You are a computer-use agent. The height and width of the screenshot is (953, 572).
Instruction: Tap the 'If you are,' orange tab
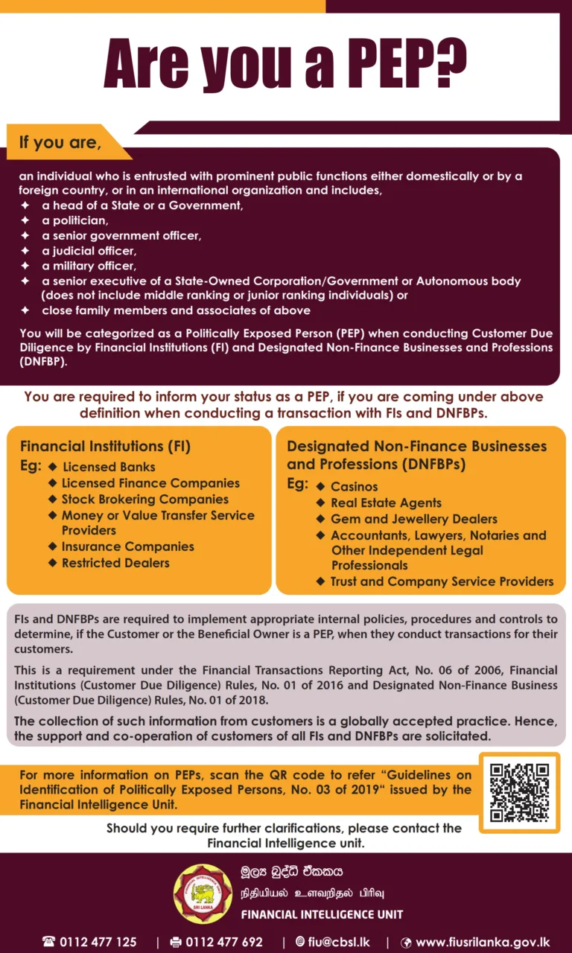tap(60, 141)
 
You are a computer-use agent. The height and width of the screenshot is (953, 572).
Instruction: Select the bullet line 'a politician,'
tap(75, 220)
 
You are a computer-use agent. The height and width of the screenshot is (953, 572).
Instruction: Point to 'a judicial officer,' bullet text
tap(89, 250)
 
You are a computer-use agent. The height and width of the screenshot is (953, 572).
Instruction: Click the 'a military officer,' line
tap(89, 266)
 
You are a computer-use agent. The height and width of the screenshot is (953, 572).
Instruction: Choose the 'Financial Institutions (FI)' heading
tap(105, 447)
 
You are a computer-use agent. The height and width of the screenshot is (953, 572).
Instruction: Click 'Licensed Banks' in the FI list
tap(109, 467)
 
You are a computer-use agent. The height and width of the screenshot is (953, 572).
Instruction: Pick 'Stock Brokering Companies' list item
tap(144, 499)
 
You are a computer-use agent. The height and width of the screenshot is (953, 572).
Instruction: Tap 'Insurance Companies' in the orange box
tap(127, 546)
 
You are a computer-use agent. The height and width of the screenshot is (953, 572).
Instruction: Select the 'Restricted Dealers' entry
tap(115, 563)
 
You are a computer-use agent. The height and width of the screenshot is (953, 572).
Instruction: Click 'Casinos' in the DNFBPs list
tap(355, 487)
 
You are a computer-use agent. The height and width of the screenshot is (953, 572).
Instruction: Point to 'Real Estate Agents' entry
tap(386, 503)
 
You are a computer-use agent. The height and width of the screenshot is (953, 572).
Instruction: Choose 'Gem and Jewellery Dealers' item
tap(413, 519)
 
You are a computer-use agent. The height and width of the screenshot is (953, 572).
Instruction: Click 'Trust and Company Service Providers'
tap(442, 581)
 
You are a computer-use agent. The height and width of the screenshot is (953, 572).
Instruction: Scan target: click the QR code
tap(519, 792)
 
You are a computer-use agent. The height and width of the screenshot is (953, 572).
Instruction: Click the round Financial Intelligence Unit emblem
tap(203, 893)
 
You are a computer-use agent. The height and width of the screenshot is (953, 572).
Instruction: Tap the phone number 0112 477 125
tap(98, 942)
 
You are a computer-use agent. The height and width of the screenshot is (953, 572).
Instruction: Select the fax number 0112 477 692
tap(224, 942)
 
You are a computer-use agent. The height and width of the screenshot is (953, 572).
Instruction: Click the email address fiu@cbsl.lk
tap(339, 942)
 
